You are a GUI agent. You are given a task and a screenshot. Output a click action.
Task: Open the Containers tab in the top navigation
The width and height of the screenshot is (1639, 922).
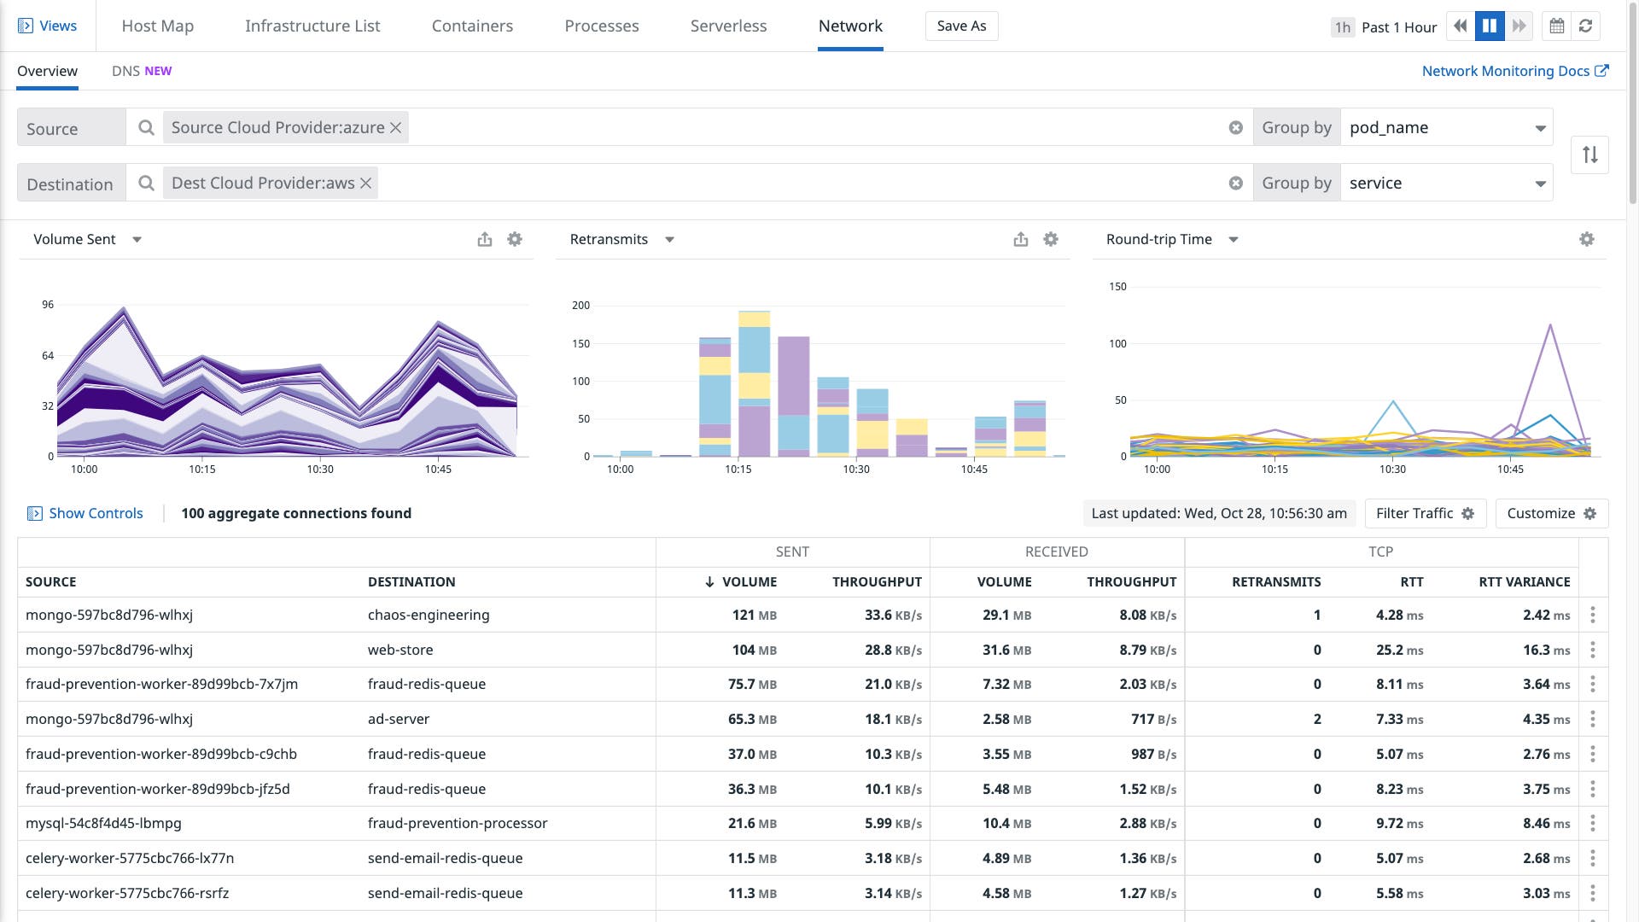472,26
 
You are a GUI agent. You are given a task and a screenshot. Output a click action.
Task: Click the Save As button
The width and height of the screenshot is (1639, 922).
961,26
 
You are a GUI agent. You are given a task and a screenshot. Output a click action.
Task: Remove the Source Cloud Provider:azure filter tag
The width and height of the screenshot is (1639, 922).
396,127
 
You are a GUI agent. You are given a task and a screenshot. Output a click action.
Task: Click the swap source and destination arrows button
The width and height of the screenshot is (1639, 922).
1589,155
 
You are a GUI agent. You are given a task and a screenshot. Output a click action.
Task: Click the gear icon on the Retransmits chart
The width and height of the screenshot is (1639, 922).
1051,239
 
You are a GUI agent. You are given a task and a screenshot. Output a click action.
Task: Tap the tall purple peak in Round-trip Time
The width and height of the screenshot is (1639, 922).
1549,327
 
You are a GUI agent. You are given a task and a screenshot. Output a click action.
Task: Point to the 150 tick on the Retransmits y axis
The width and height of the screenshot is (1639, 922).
580,343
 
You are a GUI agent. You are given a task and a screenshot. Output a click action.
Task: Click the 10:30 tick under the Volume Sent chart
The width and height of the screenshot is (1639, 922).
320,469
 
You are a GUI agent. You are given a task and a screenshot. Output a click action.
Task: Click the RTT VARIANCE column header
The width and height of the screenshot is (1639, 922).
1524,581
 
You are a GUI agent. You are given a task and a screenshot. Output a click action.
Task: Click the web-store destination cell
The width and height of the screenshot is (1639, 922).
400,650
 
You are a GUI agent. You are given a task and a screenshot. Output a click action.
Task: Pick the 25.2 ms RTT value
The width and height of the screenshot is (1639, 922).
1398,650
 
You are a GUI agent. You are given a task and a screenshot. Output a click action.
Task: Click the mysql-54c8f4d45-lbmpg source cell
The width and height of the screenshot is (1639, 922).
103,823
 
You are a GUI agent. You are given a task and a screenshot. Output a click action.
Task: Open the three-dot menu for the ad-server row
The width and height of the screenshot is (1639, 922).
1593,719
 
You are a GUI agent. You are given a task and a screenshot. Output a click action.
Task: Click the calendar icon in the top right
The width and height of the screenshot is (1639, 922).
1557,26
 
